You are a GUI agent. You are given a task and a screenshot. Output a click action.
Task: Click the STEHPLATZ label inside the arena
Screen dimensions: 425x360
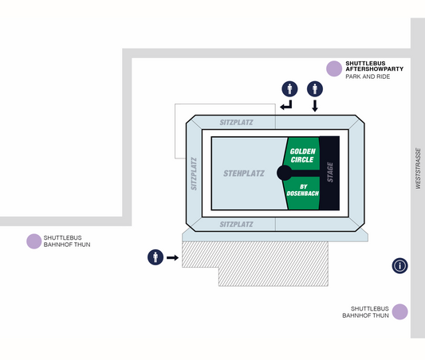[244, 174]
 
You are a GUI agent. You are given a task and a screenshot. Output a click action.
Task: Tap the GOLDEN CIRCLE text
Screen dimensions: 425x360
[302, 155]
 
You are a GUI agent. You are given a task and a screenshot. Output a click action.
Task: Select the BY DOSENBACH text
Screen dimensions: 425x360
[303, 190]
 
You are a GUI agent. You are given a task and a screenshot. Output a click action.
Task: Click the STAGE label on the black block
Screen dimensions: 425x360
[330, 172]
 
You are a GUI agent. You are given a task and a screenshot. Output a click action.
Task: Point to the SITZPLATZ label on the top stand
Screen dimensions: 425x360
[236, 123]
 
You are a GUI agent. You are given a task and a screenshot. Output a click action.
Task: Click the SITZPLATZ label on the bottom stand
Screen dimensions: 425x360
[236, 225]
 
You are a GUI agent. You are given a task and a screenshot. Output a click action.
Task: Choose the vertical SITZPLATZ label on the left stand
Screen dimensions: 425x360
[194, 174]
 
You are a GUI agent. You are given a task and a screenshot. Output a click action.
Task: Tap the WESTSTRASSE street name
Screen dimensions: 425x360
[419, 168]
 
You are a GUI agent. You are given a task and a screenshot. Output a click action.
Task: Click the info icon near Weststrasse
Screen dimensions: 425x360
[399, 265]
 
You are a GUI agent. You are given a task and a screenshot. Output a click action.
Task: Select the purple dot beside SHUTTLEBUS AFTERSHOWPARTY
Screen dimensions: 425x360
[334, 68]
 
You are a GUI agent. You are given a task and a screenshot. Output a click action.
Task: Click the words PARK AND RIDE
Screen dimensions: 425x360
[368, 76]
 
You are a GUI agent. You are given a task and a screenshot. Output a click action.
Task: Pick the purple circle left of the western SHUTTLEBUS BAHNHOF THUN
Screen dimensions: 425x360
[33, 241]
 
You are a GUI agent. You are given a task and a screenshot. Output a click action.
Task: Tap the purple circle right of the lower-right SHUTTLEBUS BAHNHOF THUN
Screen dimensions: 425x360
[399, 311]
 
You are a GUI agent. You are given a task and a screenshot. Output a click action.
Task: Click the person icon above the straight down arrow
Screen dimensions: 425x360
[315, 88]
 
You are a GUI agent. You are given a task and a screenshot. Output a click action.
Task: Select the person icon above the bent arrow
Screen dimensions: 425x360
[289, 88]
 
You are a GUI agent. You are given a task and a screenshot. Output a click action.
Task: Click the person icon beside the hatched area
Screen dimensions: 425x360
[155, 257]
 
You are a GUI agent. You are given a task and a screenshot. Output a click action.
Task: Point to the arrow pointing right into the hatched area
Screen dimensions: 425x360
[172, 258]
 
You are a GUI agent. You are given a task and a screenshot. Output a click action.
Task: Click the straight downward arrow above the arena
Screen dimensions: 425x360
[315, 106]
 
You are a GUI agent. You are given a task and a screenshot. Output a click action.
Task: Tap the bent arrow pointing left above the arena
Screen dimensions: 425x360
[286, 105]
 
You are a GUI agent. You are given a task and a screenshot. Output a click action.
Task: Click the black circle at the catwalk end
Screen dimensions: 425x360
[285, 173]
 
